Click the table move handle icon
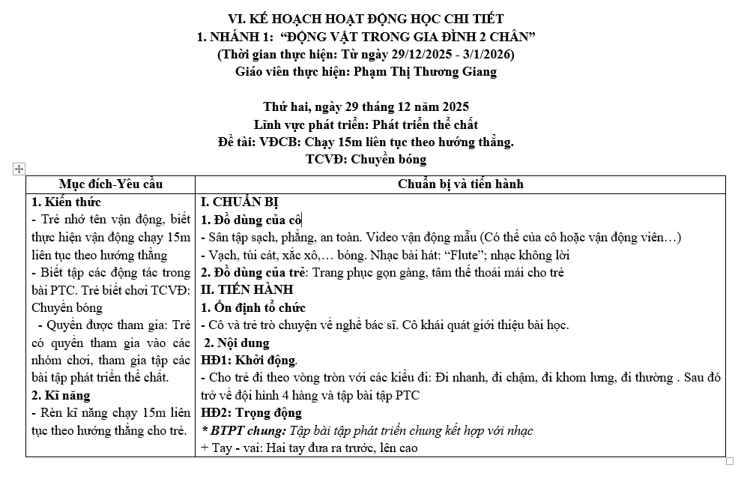tap(19, 169)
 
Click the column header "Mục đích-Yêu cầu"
tap(111, 184)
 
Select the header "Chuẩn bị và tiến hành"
tap(460, 184)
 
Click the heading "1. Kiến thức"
tap(66, 202)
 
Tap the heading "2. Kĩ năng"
tap(61, 395)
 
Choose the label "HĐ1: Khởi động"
tap(250, 361)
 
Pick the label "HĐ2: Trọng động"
tap(251, 413)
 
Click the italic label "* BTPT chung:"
tap(244, 430)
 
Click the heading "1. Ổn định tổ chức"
tap(253, 307)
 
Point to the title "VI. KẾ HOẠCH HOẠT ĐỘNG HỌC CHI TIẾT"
tap(366, 19)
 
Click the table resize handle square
tap(730, 461)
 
